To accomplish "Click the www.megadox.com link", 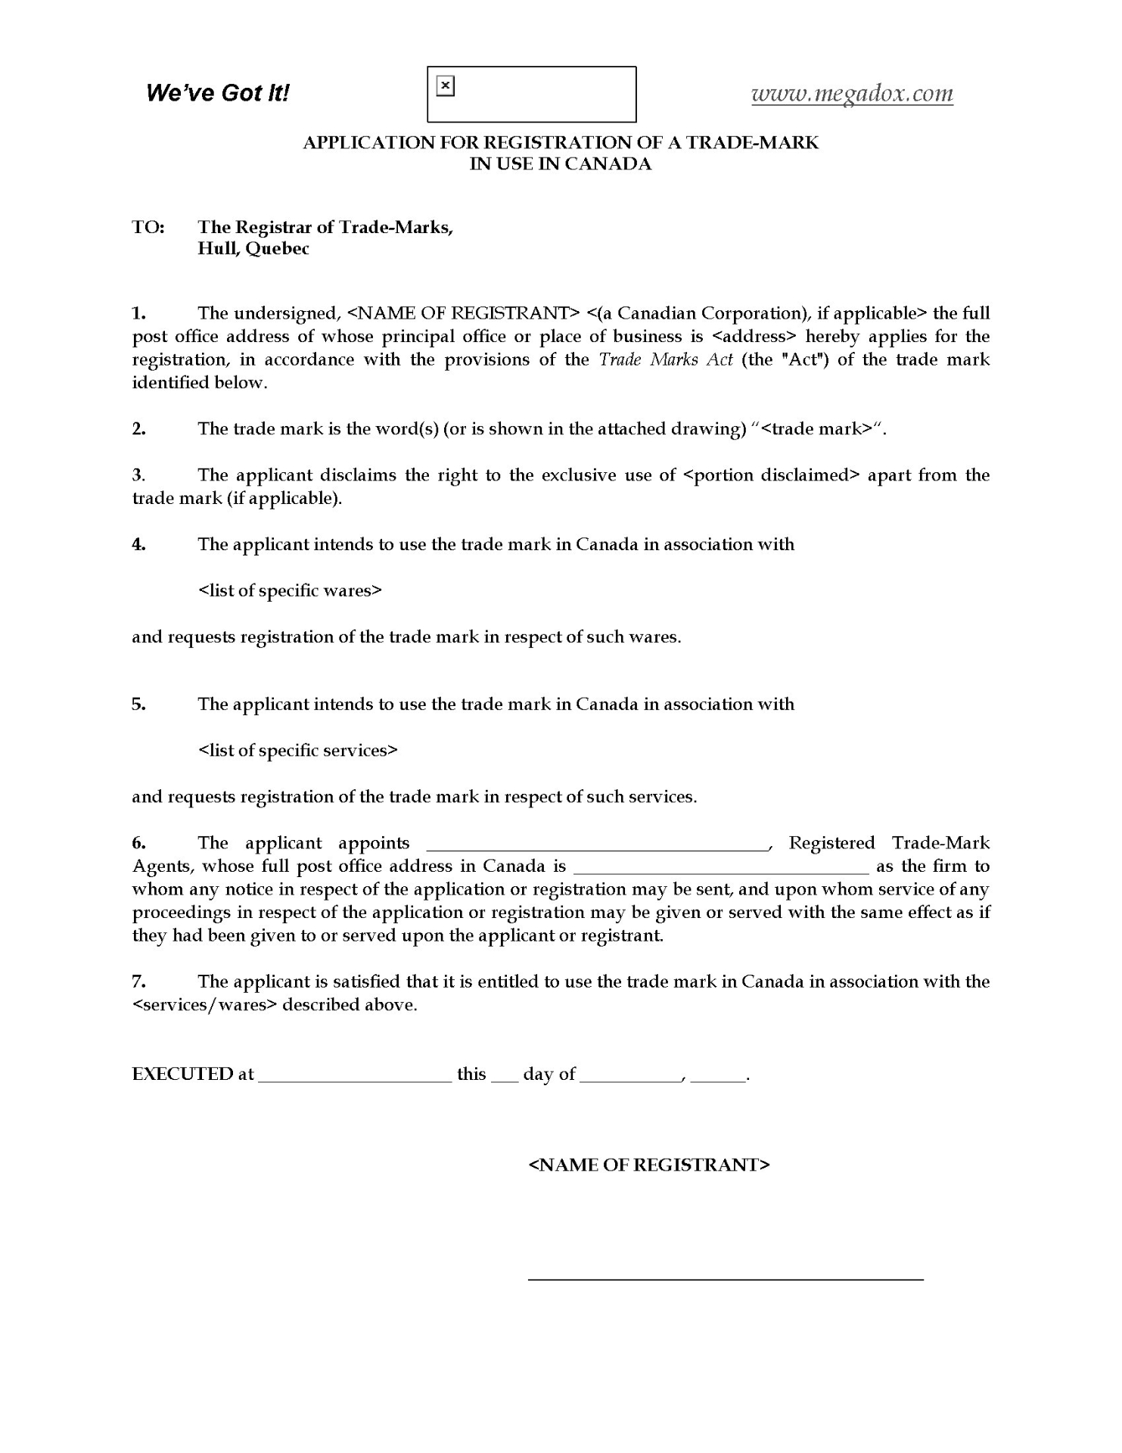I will tap(852, 93).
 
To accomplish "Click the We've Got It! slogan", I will tap(217, 93).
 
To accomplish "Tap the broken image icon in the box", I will tap(446, 86).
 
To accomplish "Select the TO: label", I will tap(148, 227).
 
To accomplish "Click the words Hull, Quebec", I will tap(253, 249).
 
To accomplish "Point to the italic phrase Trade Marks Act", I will tap(666, 359).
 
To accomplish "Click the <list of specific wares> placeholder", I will tap(290, 590).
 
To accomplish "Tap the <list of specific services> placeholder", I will tap(298, 751).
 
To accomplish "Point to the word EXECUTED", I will tap(182, 1075).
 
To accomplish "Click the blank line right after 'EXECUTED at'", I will tap(355, 1079).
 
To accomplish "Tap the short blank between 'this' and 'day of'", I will tap(504, 1079).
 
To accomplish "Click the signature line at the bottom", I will tap(725, 1278).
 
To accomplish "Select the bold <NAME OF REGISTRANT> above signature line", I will tap(648, 1165).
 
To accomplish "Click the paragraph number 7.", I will tap(139, 982).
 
